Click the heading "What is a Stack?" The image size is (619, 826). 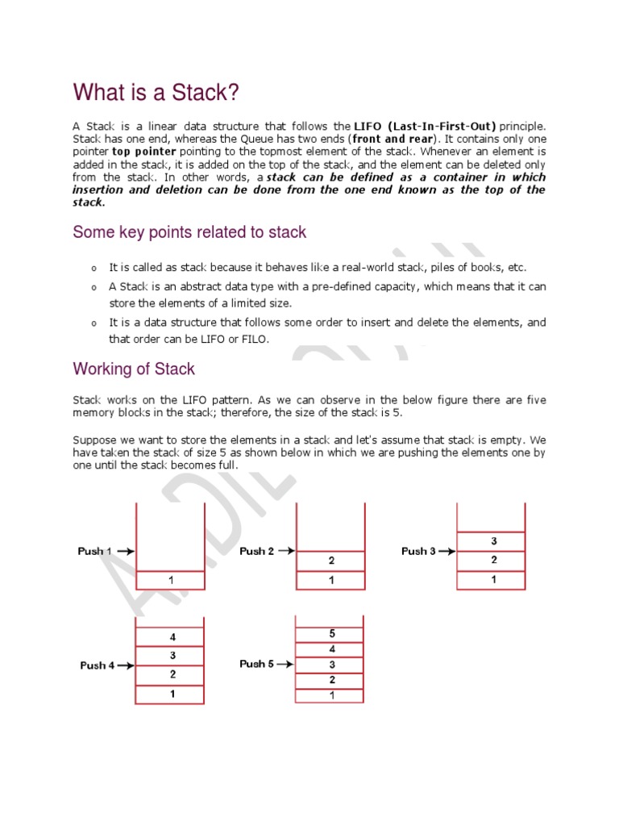[156, 93]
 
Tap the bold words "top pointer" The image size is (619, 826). [144, 152]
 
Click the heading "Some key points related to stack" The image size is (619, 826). [189, 232]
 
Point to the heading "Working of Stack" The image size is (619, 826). [134, 369]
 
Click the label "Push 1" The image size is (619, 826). [94, 551]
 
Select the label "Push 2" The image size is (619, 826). [256, 551]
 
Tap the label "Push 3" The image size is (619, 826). [418, 551]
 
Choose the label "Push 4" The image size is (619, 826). [97, 665]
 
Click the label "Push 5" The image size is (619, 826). [256, 664]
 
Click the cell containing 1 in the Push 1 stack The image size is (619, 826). [170, 579]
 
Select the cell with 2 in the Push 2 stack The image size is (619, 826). [331, 560]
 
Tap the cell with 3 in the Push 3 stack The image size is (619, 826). [492, 540]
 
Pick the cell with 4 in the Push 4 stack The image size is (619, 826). [171, 636]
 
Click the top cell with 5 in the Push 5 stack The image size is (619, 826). [331, 633]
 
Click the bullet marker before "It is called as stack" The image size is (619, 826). [93, 268]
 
